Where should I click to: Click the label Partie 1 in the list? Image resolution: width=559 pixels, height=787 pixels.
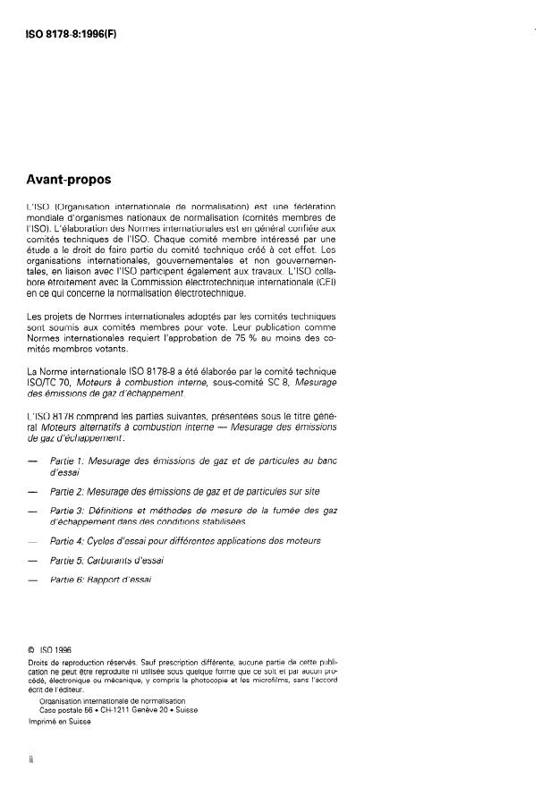click(70, 461)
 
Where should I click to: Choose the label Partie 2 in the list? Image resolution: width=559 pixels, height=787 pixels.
click(70, 491)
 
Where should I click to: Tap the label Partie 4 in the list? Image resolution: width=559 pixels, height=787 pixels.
click(70, 541)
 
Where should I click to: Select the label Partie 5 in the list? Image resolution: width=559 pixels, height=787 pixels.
click(70, 561)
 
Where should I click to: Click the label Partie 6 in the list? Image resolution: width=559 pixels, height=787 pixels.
click(70, 580)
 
